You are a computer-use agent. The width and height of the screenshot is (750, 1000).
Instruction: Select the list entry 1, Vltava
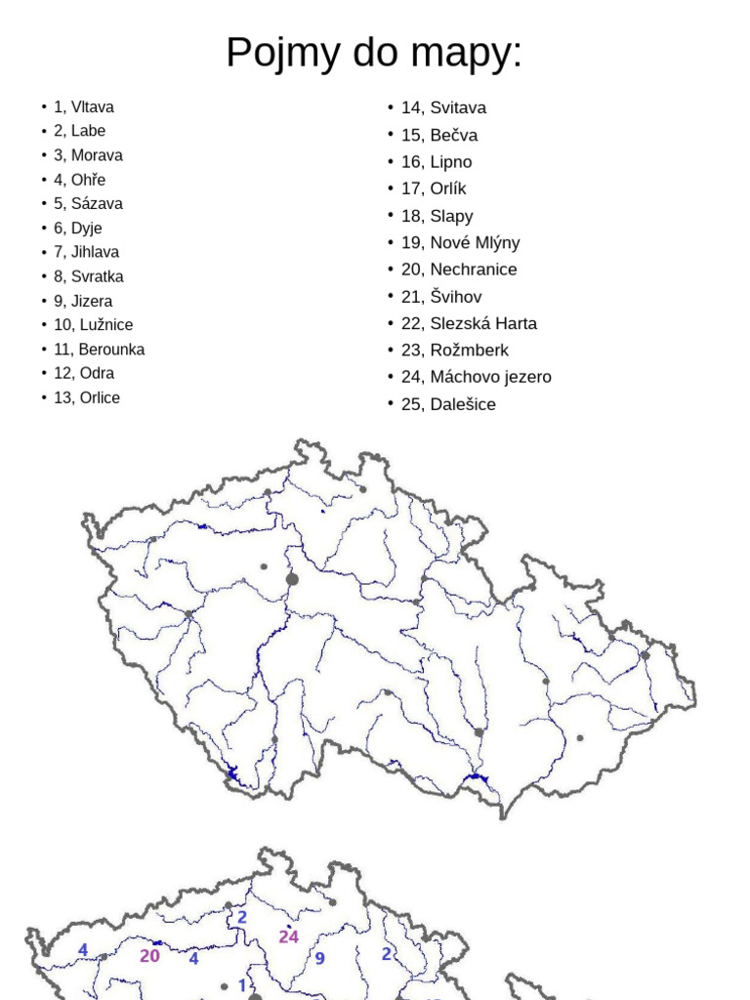(x=84, y=107)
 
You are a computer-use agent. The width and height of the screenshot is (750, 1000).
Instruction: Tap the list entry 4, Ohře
(x=80, y=180)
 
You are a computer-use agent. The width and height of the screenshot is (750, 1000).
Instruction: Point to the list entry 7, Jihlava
(x=87, y=252)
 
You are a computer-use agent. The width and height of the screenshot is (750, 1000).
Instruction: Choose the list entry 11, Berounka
(x=99, y=350)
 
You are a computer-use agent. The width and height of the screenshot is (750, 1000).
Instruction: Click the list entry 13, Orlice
(x=87, y=397)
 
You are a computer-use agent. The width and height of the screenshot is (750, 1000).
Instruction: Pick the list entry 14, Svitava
(x=443, y=108)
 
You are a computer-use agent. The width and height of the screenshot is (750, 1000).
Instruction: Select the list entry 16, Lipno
(x=437, y=162)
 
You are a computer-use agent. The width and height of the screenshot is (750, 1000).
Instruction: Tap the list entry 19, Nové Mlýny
(x=460, y=242)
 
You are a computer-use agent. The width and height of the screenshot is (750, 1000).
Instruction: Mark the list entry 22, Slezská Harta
(x=469, y=323)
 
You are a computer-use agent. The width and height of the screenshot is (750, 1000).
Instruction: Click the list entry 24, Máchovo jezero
(x=476, y=377)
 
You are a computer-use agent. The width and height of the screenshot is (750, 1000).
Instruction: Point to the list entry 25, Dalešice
(x=448, y=404)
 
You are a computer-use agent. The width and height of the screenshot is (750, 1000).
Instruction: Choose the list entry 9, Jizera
(x=83, y=301)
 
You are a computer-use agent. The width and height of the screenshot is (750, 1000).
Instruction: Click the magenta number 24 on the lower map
(x=288, y=937)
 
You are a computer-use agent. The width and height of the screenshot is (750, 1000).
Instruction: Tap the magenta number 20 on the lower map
(x=149, y=956)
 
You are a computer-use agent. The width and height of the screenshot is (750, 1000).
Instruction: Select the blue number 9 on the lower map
(x=319, y=959)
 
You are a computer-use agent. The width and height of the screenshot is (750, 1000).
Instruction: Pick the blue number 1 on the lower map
(x=242, y=985)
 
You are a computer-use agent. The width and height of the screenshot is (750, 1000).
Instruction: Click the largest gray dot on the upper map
(x=292, y=579)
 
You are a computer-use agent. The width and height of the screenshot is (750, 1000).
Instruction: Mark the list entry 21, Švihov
(x=441, y=297)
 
